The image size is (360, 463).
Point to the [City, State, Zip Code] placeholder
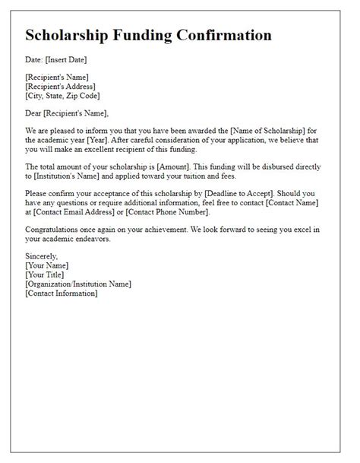point(62,96)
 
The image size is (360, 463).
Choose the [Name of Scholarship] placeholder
point(248,130)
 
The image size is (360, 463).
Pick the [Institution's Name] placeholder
point(61,176)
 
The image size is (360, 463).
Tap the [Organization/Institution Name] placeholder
point(78,284)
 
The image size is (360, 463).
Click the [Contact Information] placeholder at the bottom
point(61,293)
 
